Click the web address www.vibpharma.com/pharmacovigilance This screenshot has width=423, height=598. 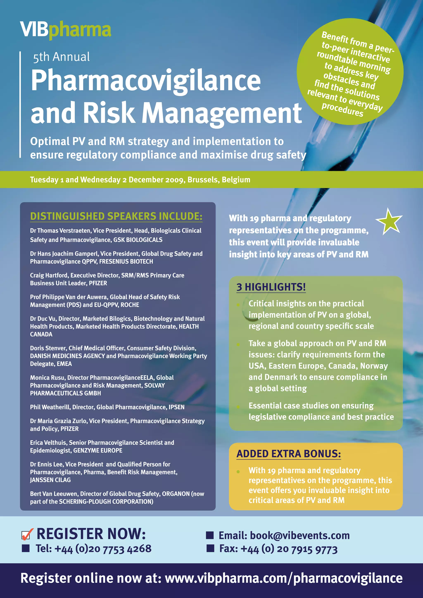pos(284,578)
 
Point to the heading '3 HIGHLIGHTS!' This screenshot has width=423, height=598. pos(271,287)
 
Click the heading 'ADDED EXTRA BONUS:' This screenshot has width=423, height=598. pos(288,454)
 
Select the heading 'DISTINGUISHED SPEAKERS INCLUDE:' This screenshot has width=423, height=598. pos(116,216)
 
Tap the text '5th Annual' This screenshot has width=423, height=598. pos(62,57)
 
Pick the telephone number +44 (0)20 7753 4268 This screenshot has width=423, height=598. pos(103,549)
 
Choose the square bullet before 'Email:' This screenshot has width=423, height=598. pos(210,535)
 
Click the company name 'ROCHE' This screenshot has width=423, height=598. pos(131,305)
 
